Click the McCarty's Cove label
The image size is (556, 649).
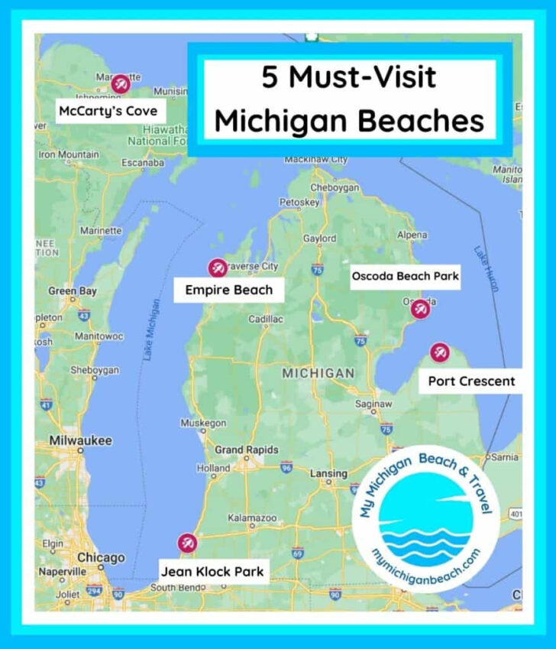point(108,112)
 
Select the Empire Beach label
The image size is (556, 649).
point(228,290)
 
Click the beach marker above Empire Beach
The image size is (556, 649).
point(216,268)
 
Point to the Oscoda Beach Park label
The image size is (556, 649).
point(406,276)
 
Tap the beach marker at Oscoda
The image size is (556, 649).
point(419,310)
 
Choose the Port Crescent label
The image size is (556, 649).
point(471,381)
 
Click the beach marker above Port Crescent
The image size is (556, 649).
point(439,352)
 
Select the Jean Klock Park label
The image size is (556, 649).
point(212,570)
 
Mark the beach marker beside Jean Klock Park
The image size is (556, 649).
point(186,544)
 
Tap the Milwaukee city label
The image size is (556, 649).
point(80,441)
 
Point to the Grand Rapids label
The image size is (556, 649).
point(246,449)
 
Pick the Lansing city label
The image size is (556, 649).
point(328,474)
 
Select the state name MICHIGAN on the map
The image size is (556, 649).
point(318,374)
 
